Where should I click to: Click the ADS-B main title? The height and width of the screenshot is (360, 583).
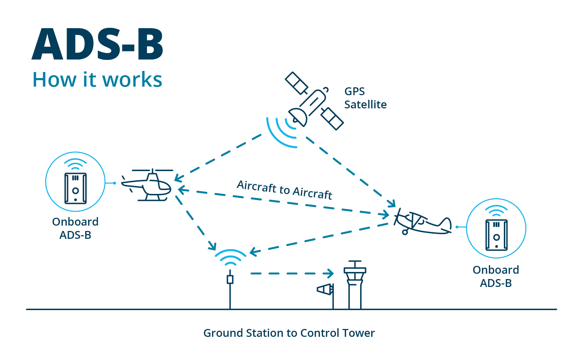pyautogui.click(x=97, y=44)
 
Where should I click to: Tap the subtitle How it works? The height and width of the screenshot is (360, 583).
pyautogui.click(x=97, y=79)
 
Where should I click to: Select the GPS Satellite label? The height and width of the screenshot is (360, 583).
pyautogui.click(x=365, y=98)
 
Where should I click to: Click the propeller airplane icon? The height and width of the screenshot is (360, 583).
pyautogui.click(x=422, y=222)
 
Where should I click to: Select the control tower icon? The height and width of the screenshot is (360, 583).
pyautogui.click(x=355, y=284)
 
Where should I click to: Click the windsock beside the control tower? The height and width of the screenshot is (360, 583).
pyautogui.click(x=325, y=289)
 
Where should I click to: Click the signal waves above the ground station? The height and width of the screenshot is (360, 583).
pyautogui.click(x=230, y=257)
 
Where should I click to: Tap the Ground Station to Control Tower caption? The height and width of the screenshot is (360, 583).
pyautogui.click(x=289, y=333)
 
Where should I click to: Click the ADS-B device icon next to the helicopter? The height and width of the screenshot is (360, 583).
pyautogui.click(x=76, y=188)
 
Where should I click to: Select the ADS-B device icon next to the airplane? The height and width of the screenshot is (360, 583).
pyautogui.click(x=496, y=235)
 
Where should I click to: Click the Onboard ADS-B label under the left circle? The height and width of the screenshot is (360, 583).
pyautogui.click(x=75, y=228)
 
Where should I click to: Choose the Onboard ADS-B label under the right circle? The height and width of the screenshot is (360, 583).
pyautogui.click(x=496, y=277)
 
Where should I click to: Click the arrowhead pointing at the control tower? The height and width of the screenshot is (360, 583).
pyautogui.click(x=329, y=273)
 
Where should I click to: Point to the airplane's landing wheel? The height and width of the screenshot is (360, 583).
pyautogui.click(x=405, y=232)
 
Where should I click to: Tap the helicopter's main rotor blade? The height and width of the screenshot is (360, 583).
pyautogui.click(x=153, y=170)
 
